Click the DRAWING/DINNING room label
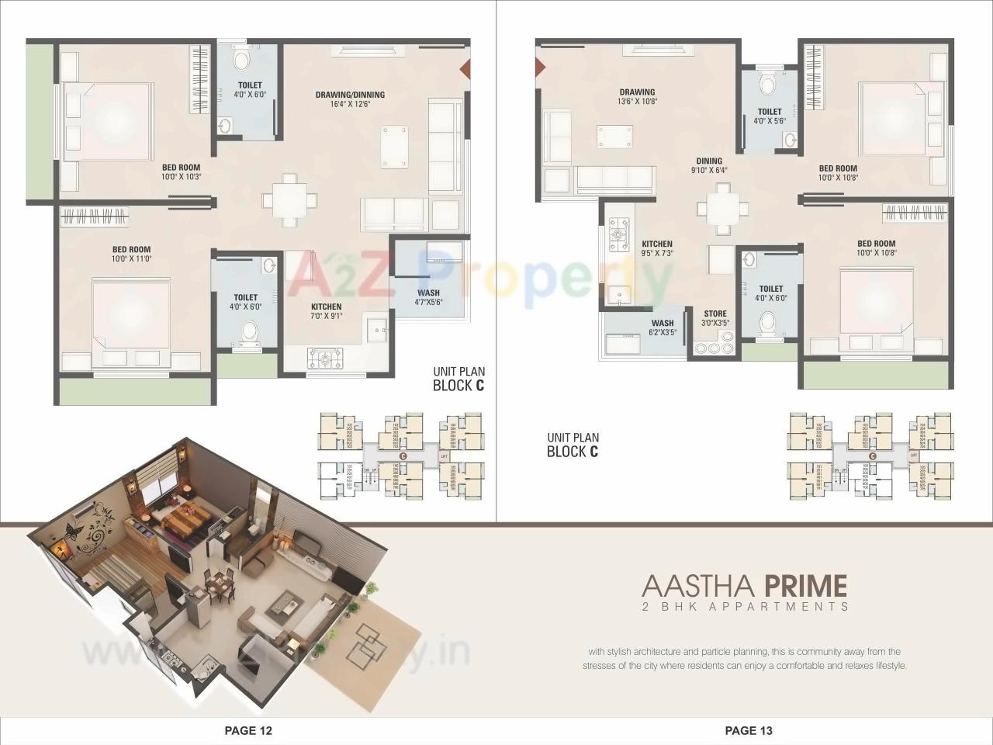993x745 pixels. click(x=350, y=95)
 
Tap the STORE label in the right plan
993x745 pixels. click(x=714, y=314)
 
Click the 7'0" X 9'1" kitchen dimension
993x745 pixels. click(x=327, y=317)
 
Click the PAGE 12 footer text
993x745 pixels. click(x=248, y=730)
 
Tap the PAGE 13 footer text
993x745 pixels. click(x=749, y=730)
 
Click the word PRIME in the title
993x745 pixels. click(x=805, y=584)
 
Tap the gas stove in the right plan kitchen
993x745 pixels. click(x=618, y=230)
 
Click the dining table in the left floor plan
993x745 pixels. click(x=289, y=200)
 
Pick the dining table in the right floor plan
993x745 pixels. click(x=723, y=208)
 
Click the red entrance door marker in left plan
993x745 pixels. click(x=465, y=69)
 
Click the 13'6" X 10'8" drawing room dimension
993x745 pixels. click(x=637, y=102)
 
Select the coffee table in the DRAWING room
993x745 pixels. click(x=613, y=137)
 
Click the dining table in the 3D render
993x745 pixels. click(x=220, y=582)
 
